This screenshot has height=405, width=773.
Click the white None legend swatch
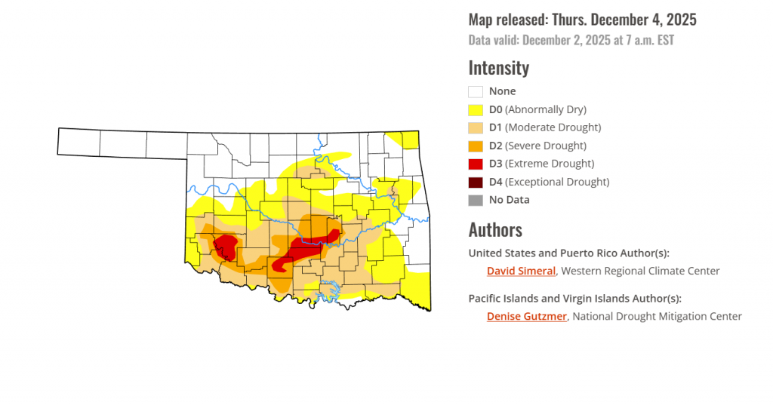coord(476,91)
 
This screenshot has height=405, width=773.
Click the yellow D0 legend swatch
coord(476,109)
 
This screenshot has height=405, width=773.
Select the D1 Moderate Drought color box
coord(476,127)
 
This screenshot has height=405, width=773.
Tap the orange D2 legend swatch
coord(476,146)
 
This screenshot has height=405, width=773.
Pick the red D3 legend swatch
coord(476,164)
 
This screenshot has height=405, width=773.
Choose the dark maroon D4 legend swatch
coord(476,182)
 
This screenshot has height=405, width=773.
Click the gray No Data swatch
coord(476,200)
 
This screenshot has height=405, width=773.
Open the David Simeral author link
coord(521,271)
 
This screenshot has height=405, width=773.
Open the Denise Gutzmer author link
coord(526,317)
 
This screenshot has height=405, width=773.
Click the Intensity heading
coord(498,68)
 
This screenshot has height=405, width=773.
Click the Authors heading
coord(495,229)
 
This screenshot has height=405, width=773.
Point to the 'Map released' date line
coord(582,20)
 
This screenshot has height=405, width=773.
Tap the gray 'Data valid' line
coord(571,40)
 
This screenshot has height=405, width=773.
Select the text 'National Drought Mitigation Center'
coord(657,317)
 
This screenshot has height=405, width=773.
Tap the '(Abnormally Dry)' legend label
coord(546,109)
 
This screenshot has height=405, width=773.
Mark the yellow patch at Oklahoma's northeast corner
coord(406,140)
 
